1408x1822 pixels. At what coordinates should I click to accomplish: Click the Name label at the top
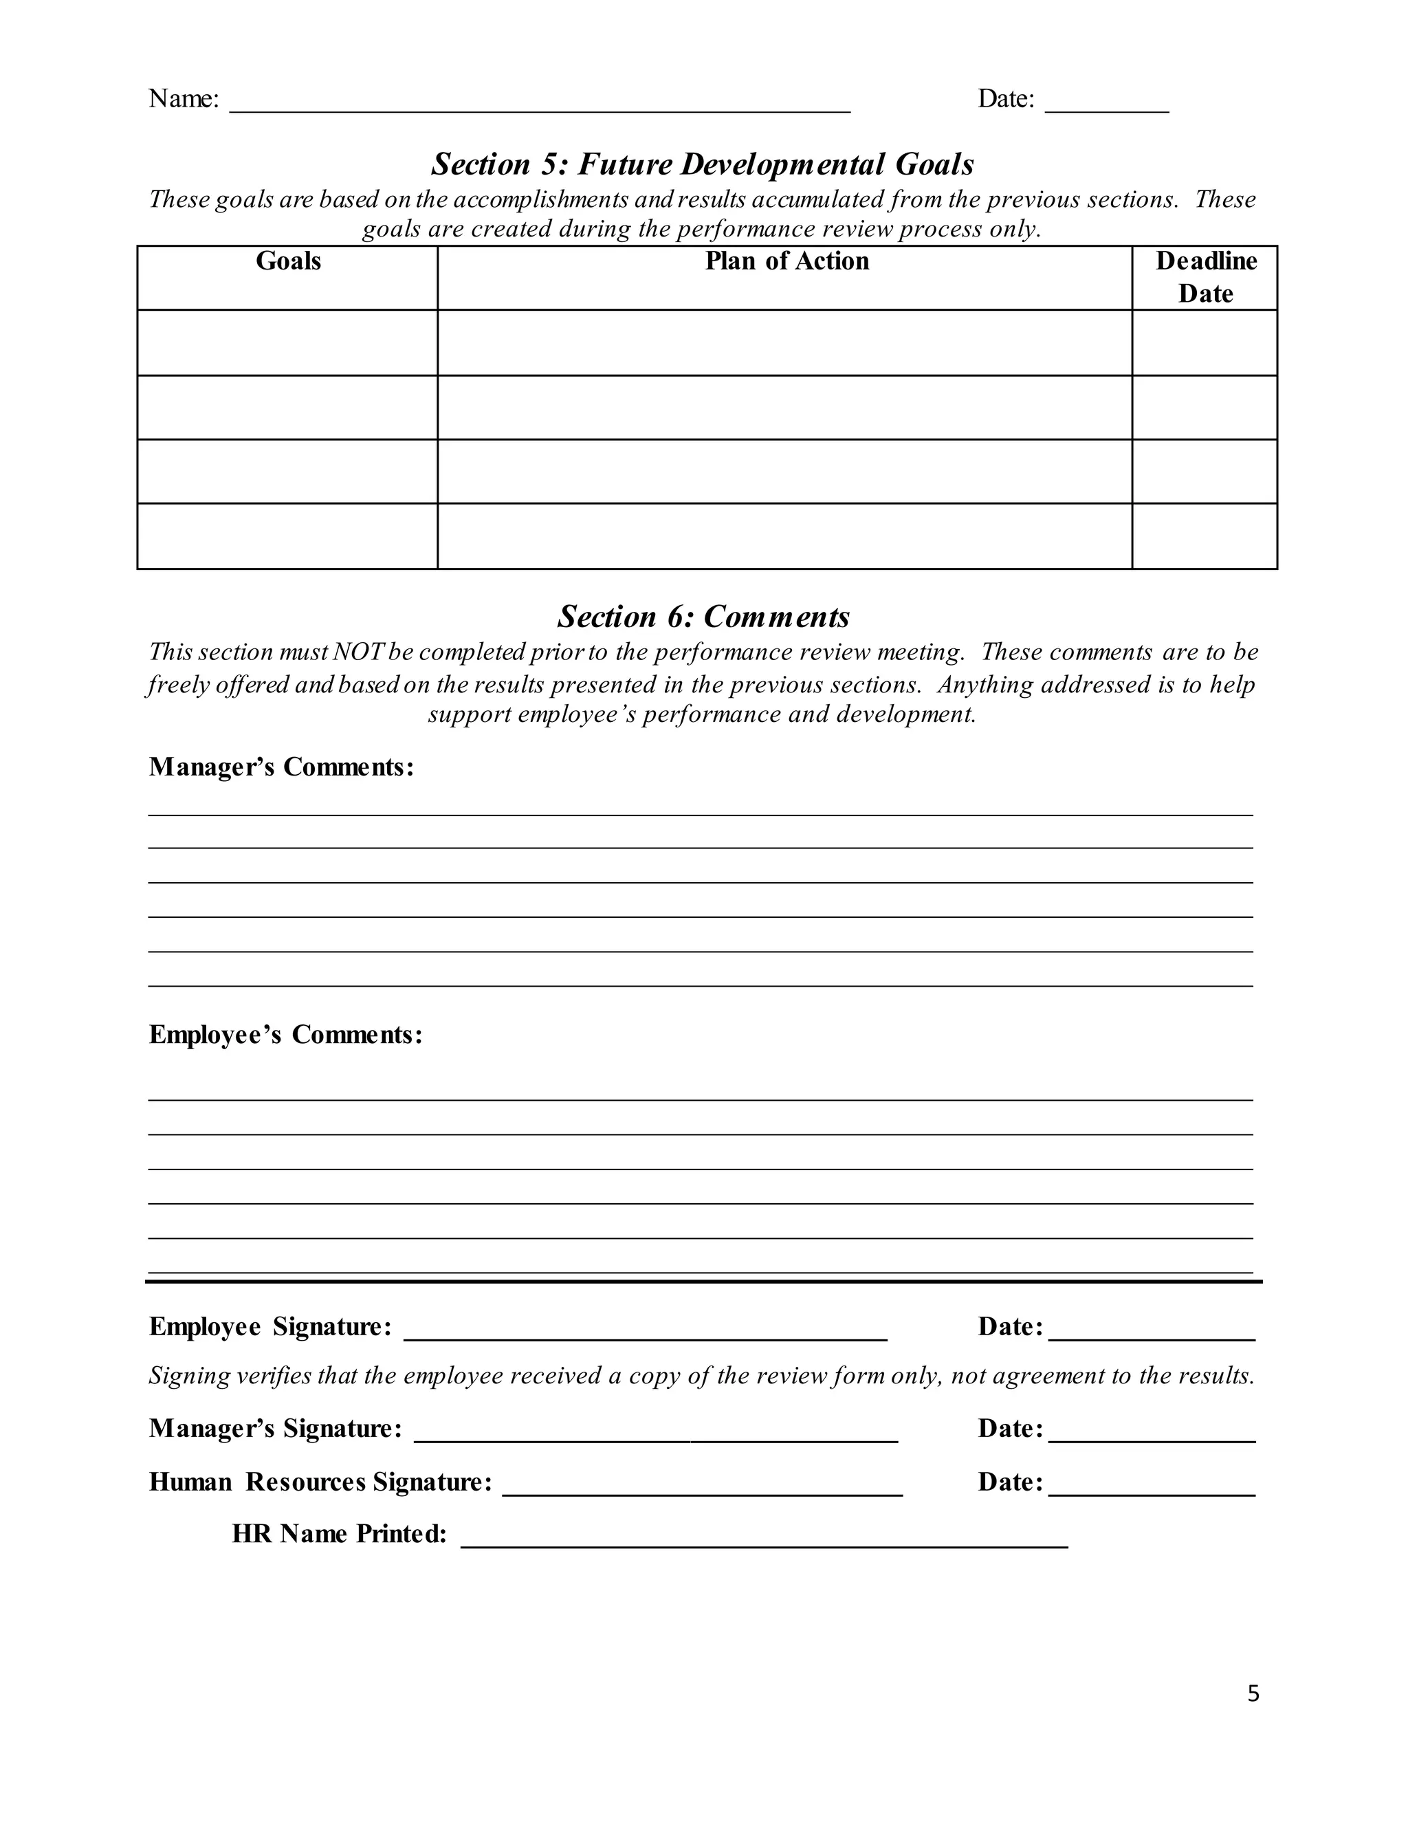tap(184, 98)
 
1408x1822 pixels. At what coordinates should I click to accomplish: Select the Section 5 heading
tap(703, 164)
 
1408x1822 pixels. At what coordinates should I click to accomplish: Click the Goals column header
tap(288, 261)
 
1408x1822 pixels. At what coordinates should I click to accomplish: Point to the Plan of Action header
tap(786, 261)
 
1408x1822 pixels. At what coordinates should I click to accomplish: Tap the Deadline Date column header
tap(1205, 277)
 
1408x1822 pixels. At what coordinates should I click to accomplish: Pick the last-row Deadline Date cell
tap(1204, 536)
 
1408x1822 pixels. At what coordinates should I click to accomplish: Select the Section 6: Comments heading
tap(703, 617)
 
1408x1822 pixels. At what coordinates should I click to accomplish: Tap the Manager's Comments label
tap(281, 767)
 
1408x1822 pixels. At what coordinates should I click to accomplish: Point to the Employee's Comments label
tap(285, 1035)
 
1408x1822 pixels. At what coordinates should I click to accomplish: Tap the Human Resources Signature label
tap(320, 1482)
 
